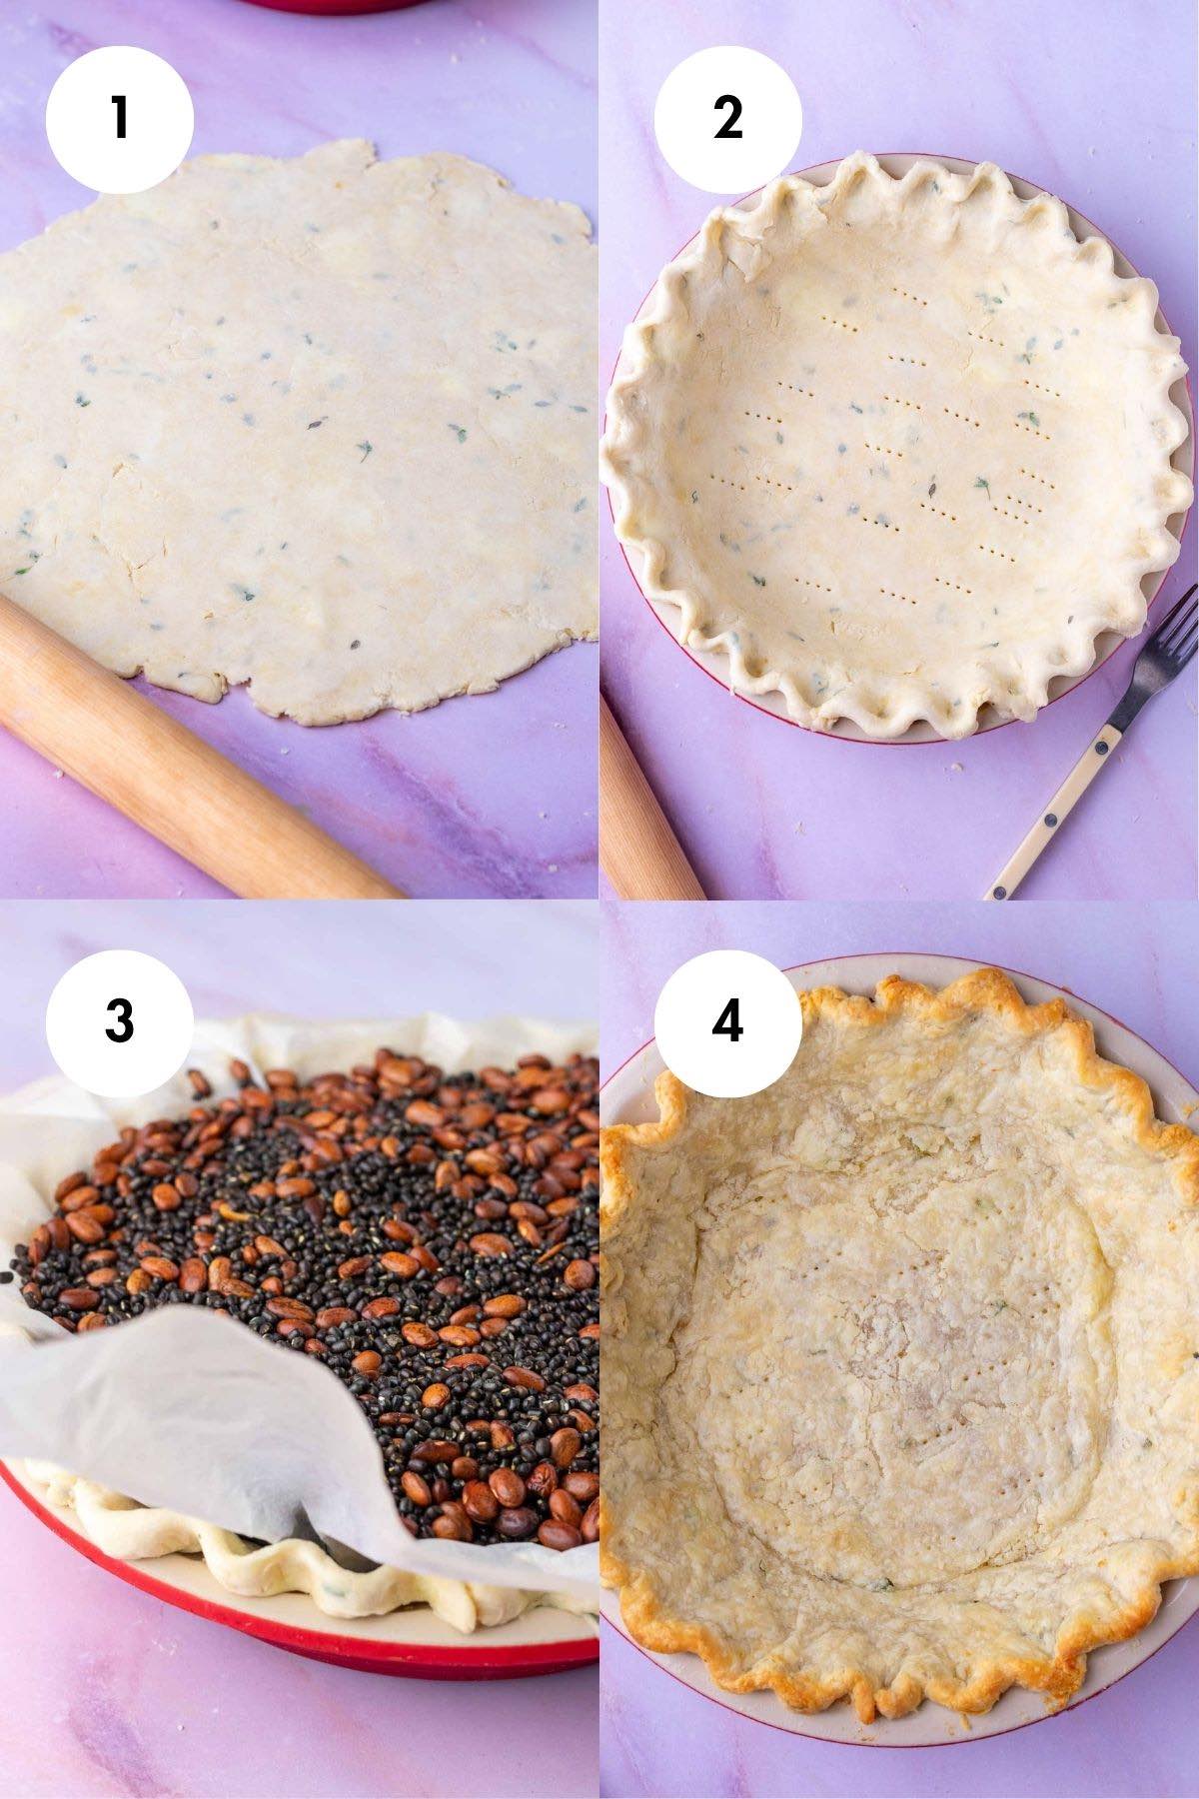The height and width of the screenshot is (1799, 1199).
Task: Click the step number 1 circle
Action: click(x=120, y=118)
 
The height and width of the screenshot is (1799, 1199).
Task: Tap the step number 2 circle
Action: click(x=727, y=118)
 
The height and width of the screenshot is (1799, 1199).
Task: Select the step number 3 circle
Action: click(x=120, y=1019)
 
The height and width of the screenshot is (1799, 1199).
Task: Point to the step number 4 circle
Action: click(x=727, y=1019)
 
